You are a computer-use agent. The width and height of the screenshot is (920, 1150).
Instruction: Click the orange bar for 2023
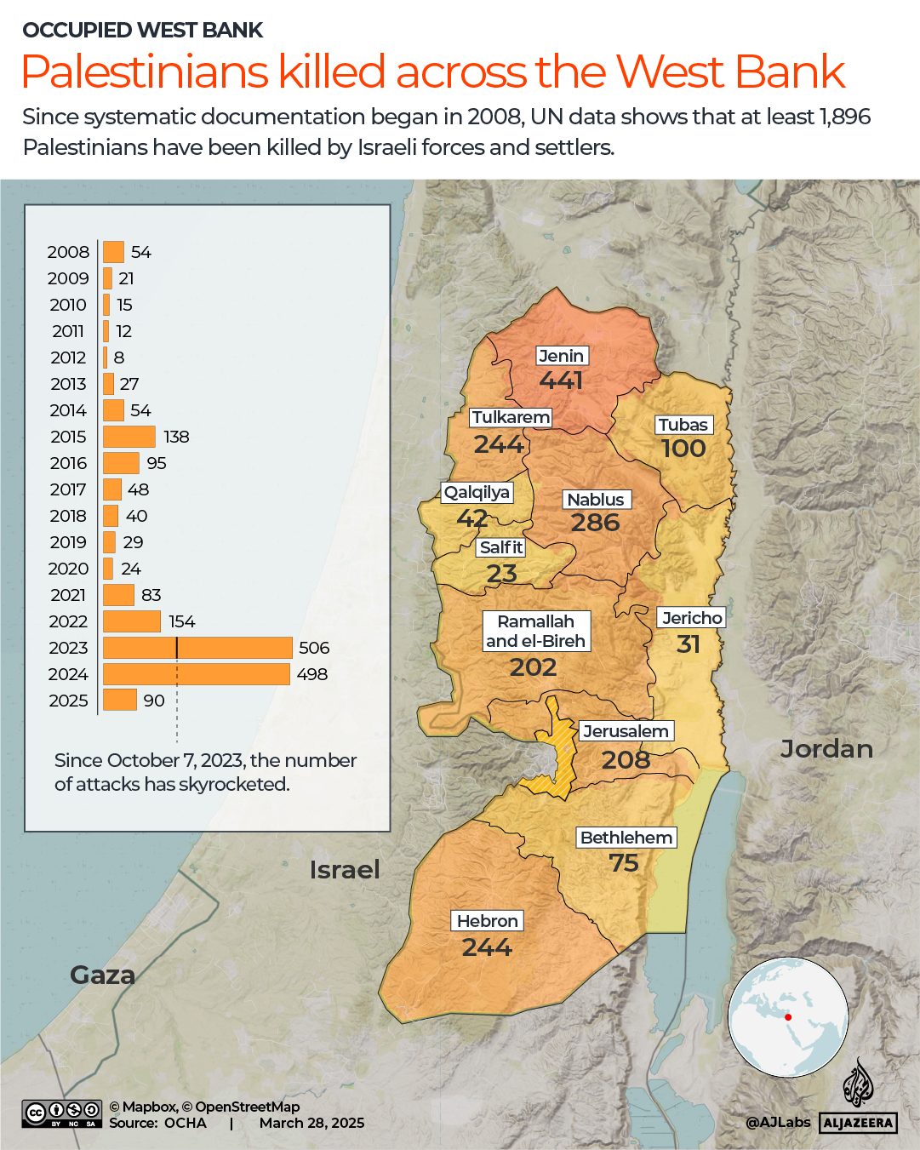[197, 648]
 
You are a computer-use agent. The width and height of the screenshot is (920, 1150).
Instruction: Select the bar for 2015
[129, 437]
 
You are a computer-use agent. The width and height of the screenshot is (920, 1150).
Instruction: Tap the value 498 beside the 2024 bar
[312, 674]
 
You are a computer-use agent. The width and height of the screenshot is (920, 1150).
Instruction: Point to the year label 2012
[68, 358]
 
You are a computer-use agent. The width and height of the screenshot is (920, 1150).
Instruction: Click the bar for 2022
[132, 621]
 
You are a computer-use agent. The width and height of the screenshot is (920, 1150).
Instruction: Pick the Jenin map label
[562, 356]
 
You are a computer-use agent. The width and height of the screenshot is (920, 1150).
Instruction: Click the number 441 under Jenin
[562, 380]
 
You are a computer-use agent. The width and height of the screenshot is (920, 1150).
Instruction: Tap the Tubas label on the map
[683, 425]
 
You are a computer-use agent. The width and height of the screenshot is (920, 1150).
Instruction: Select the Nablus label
[596, 500]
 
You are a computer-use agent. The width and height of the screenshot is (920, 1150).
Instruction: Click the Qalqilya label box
[477, 492]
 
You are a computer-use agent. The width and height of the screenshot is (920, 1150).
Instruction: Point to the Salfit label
[500, 547]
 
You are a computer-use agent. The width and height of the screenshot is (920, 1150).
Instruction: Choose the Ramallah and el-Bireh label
[535, 632]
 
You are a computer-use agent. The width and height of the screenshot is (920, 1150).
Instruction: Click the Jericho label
[692, 618]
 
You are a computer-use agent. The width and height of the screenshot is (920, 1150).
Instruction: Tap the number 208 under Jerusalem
[626, 759]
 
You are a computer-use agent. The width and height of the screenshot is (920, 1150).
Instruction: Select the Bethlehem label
[626, 838]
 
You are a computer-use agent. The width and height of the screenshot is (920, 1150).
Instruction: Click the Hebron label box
[487, 921]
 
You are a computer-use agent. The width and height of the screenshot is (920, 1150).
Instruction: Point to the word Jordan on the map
[826, 749]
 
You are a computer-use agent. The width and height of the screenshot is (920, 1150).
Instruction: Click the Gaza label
[102, 975]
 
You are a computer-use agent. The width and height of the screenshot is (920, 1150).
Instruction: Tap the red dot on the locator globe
[788, 1017]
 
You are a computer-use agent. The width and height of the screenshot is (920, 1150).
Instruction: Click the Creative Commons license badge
[62, 1113]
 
